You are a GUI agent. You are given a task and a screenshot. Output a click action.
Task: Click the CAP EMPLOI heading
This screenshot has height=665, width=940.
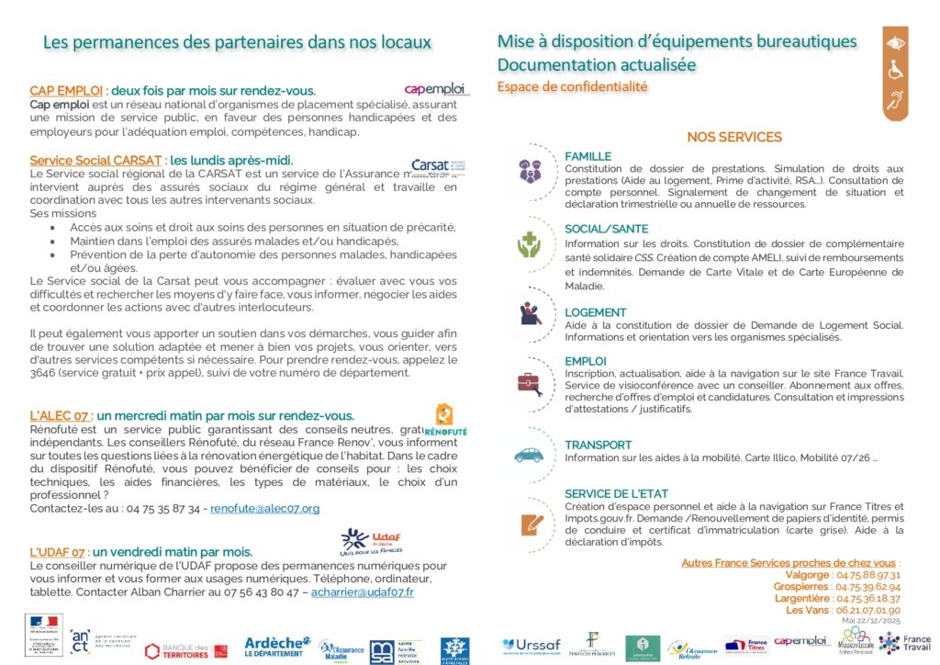pyautogui.click(x=66, y=91)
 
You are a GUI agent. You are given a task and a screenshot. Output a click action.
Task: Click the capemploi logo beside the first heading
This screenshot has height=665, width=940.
pyautogui.click(x=435, y=89)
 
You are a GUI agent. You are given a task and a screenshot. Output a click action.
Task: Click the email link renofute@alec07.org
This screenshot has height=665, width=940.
pyautogui.click(x=264, y=508)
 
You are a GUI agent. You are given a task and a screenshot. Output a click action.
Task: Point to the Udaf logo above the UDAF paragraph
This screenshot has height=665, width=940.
pyautogui.click(x=371, y=539)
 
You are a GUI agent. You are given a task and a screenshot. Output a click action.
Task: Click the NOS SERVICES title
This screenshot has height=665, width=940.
pyautogui.click(x=734, y=138)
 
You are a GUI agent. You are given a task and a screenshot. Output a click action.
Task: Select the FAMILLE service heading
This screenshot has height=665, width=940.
pyautogui.click(x=587, y=156)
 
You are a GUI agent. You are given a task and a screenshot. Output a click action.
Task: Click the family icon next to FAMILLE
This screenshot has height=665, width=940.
pyautogui.click(x=530, y=170)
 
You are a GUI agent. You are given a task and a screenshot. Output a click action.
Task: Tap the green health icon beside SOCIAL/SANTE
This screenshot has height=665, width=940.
pyautogui.click(x=530, y=244)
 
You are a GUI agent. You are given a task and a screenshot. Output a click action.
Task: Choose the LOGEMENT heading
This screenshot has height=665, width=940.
pyautogui.click(x=596, y=312)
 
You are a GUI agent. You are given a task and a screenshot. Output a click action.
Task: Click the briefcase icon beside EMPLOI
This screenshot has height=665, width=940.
pyautogui.click(x=530, y=381)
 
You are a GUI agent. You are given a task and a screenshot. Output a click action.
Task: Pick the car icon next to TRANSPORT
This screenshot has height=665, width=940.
pyautogui.click(x=530, y=455)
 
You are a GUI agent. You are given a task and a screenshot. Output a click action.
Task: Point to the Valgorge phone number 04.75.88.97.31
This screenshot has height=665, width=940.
pyautogui.click(x=867, y=575)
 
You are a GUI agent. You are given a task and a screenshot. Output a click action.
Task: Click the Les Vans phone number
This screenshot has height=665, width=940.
pyautogui.click(x=867, y=610)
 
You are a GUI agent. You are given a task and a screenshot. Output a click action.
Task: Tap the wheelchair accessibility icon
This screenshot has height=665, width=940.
pyautogui.click(x=894, y=71)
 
